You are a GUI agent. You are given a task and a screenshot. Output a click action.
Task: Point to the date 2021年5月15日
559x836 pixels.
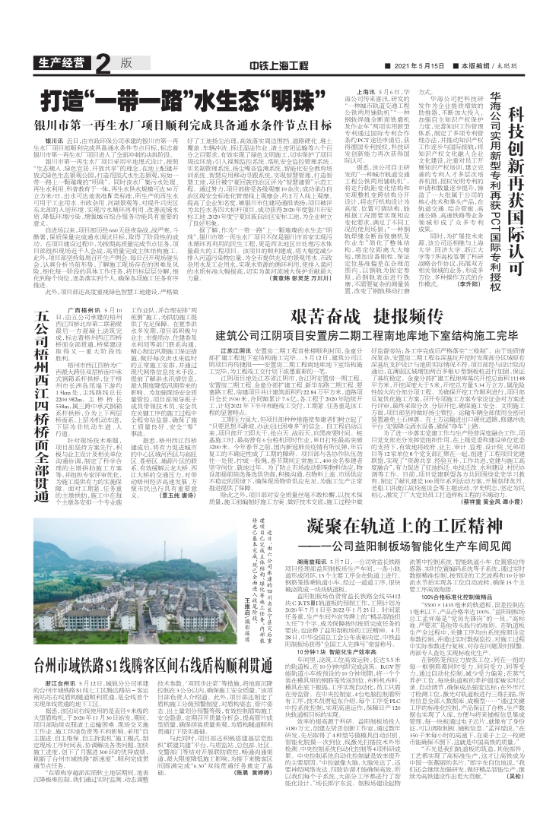coord(424,65)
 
